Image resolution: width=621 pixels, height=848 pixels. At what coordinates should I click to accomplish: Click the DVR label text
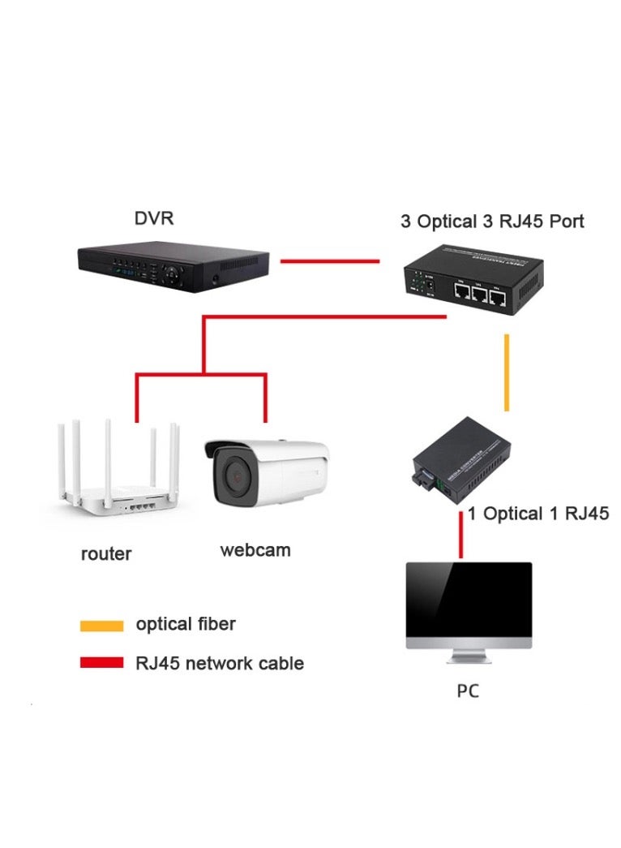(x=153, y=218)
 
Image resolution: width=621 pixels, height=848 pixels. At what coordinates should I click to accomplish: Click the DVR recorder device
(x=172, y=261)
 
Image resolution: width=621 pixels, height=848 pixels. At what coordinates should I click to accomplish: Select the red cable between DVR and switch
(x=329, y=261)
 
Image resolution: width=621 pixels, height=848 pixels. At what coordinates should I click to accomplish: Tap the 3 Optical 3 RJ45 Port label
(x=492, y=222)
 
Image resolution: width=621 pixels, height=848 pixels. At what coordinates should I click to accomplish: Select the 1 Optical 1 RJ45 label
(x=537, y=514)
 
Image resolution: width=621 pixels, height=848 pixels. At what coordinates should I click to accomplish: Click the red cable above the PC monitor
(x=460, y=535)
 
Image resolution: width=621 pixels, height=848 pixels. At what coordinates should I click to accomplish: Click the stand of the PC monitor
(x=469, y=653)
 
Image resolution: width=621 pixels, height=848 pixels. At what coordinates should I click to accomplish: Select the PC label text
(x=468, y=691)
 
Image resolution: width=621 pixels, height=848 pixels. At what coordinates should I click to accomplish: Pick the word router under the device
(x=106, y=554)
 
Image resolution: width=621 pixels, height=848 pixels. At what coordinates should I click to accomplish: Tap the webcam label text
(x=255, y=550)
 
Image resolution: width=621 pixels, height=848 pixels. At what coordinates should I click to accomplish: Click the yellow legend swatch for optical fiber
(x=101, y=626)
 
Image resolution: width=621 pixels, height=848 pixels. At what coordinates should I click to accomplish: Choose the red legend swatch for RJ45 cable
(x=101, y=663)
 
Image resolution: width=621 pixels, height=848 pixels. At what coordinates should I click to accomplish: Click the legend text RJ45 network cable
(x=219, y=663)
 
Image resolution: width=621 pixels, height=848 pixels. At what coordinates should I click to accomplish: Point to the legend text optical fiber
(x=186, y=624)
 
